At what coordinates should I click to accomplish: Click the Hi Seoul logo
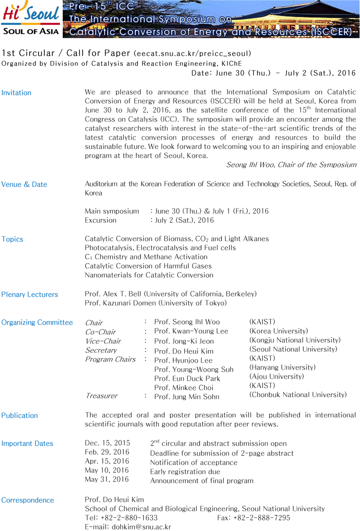[31, 19]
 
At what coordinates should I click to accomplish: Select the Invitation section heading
[16, 93]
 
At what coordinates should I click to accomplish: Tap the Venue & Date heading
[24, 184]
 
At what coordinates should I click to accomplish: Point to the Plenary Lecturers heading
[30, 294]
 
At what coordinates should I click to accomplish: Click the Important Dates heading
[27, 444]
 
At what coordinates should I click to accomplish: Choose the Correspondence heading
[28, 500]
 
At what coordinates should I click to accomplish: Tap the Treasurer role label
[101, 396]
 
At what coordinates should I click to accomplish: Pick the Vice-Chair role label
[103, 341]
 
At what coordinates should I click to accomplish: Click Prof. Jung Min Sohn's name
[187, 397]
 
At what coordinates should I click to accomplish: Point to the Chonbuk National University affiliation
[298, 395]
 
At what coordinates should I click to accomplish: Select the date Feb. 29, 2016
[107, 453]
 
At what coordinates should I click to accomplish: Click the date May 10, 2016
[107, 471]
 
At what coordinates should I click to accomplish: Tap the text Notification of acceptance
[194, 462]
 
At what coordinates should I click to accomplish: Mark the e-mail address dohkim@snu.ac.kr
[142, 527]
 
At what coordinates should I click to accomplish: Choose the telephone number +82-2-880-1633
[129, 518]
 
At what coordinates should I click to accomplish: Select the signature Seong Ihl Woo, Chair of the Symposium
[291, 165]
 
